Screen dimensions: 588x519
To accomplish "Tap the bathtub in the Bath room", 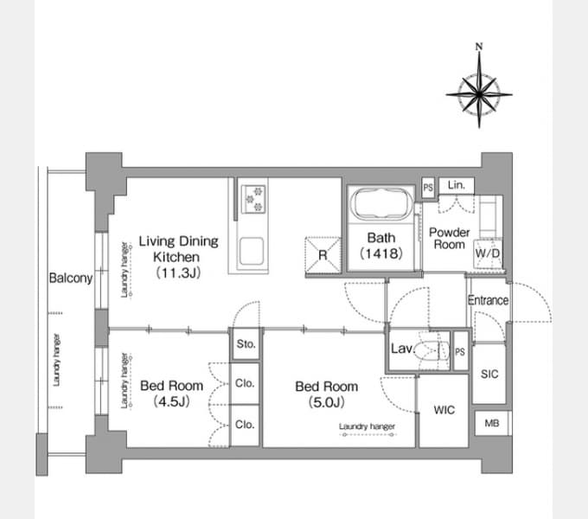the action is (x=381, y=203).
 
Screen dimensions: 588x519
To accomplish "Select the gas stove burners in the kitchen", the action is (x=253, y=199).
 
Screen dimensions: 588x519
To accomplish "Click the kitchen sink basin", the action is (x=252, y=251).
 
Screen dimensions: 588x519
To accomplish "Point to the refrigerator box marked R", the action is (x=323, y=255).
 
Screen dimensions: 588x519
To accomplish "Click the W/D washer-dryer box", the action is (x=488, y=253).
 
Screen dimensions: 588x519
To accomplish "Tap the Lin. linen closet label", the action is (x=457, y=185).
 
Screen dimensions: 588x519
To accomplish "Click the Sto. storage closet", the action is (x=246, y=344).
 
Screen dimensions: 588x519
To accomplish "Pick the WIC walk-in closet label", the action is (x=444, y=410).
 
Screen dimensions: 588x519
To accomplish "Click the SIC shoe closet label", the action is (x=489, y=374).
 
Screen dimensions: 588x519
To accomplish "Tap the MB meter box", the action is (x=492, y=423).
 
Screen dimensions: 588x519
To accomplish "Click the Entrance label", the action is (x=489, y=300).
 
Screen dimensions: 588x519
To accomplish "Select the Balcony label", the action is (x=71, y=279).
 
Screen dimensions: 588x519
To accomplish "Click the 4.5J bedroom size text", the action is (x=171, y=402).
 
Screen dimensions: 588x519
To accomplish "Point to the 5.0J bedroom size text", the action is (x=327, y=403).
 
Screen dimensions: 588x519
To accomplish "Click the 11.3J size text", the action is (x=178, y=272).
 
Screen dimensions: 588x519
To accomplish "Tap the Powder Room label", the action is (x=450, y=239).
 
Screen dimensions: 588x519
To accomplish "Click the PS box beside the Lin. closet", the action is (x=428, y=187).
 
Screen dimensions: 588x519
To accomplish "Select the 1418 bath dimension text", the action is (x=381, y=253).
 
